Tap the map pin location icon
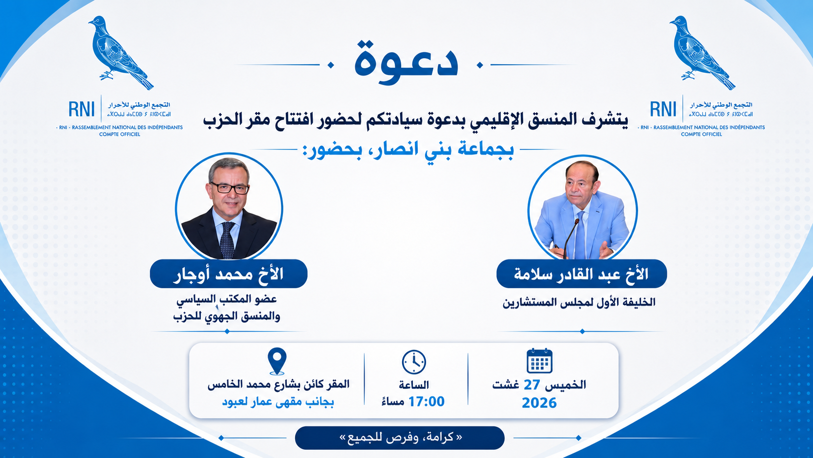tap(277, 360)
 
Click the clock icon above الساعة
tap(414, 362)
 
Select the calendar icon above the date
tap(539, 361)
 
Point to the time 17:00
tap(426, 402)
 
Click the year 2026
tap(539, 403)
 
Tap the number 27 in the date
tap(532, 385)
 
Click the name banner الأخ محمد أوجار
tap(229, 274)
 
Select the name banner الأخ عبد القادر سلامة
tap(582, 274)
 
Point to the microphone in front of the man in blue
tap(570, 238)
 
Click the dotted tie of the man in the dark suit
tap(227, 240)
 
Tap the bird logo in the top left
tap(121, 52)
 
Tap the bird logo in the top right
tap(702, 52)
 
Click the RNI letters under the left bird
tap(81, 109)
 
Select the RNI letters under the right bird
tap(663, 109)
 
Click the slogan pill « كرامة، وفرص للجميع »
tap(400, 438)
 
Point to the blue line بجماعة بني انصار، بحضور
tap(408, 149)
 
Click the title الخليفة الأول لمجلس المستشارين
tap(579, 302)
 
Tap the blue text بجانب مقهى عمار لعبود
tap(278, 402)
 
